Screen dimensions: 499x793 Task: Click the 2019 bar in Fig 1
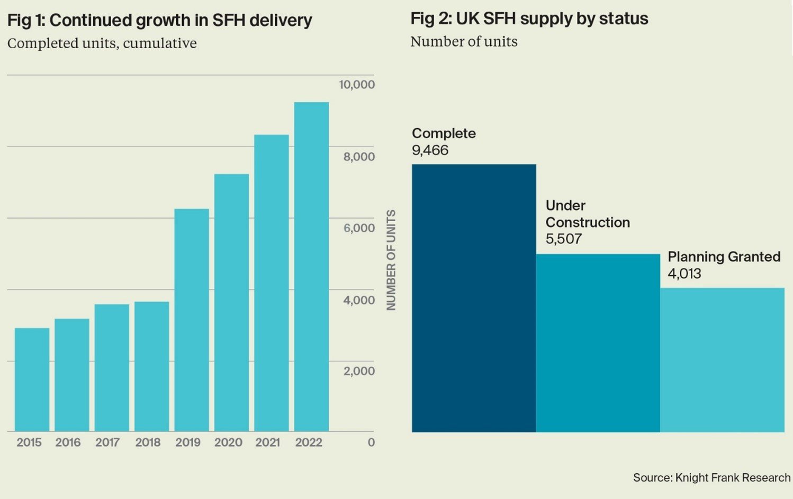192,320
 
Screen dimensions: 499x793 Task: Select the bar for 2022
311,267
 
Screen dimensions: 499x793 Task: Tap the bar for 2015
32,379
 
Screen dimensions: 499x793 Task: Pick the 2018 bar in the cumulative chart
151,366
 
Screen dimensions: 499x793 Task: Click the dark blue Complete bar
474,298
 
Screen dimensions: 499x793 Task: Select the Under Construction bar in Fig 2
598,343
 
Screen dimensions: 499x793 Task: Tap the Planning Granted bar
722,360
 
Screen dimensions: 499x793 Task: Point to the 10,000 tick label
357,85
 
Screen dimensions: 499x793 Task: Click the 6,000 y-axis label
359,228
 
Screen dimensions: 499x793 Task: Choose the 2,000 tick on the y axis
359,371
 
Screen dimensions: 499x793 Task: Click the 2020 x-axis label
228,442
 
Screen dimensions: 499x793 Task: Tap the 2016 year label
68,442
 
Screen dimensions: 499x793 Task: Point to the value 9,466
430,150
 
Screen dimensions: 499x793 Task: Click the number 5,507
563,239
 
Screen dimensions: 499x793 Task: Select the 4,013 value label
684,274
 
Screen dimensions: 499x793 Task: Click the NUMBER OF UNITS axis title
391,260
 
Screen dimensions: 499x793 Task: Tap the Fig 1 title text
159,20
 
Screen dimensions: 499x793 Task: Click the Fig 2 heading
529,19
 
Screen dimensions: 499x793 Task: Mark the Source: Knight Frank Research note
711,477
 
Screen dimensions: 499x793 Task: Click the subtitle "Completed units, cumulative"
102,43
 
